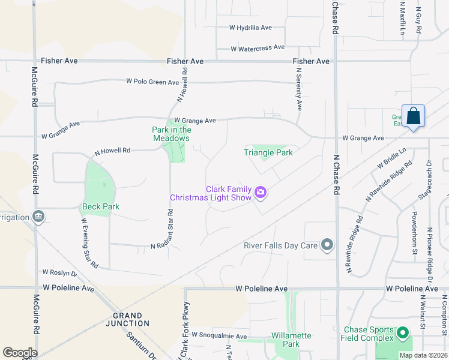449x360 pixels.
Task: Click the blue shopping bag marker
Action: (x=414, y=116)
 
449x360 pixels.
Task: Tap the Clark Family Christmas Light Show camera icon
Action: (x=261, y=193)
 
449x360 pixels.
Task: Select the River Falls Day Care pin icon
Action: (x=327, y=245)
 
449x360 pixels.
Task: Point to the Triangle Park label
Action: (x=268, y=152)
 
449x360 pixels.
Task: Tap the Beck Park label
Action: (x=100, y=206)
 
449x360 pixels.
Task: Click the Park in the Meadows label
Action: (x=171, y=134)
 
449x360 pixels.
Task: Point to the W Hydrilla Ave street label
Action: (x=251, y=28)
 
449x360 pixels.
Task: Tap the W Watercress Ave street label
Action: (x=258, y=47)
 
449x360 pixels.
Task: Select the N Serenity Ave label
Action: (x=298, y=88)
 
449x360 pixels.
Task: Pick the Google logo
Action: (x=20, y=352)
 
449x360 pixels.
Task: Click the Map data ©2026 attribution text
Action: (x=423, y=355)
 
